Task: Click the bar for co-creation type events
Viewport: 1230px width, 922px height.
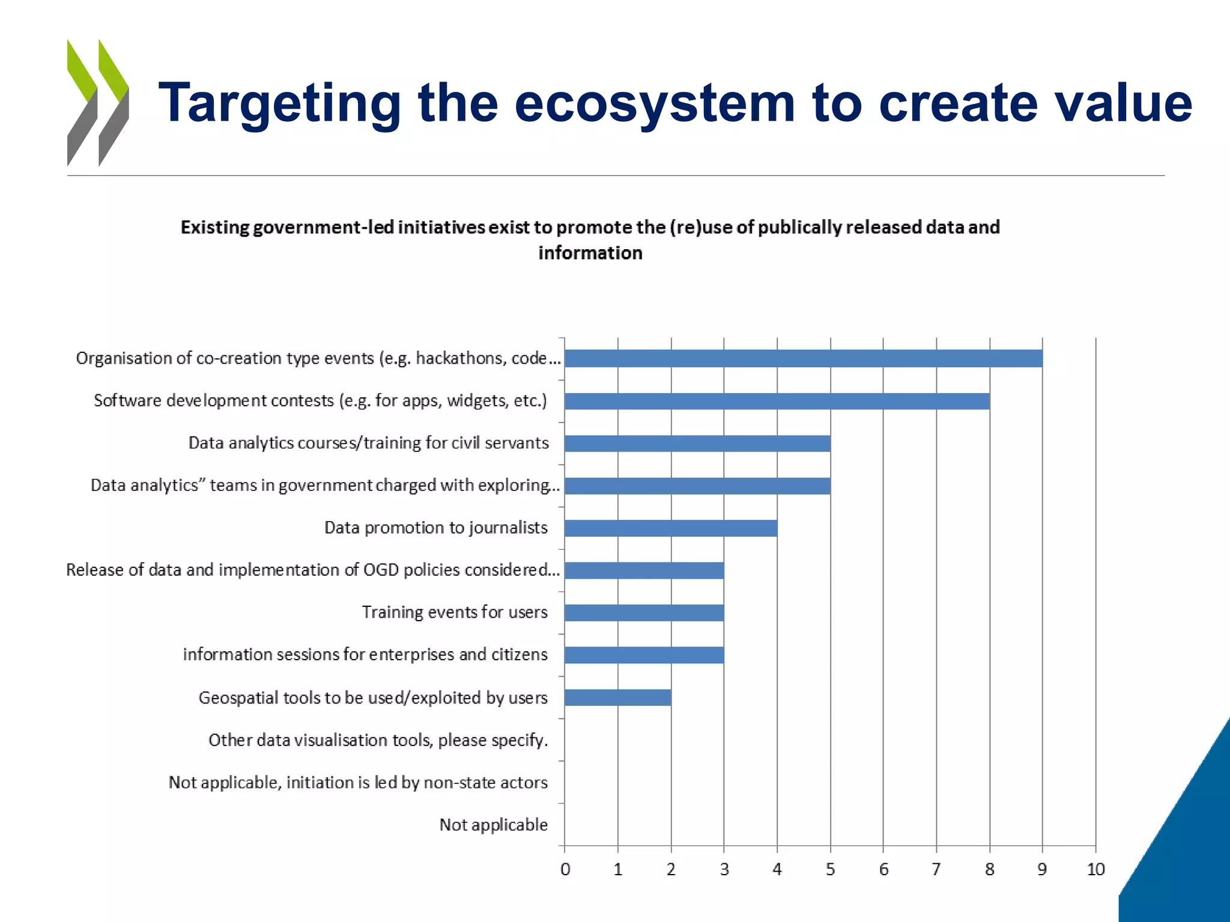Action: click(803, 358)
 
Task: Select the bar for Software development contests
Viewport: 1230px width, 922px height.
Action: click(777, 401)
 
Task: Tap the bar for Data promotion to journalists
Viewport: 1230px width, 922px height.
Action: click(670, 528)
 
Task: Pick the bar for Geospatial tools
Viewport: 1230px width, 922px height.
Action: click(617, 698)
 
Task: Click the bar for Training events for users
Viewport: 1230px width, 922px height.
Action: click(644, 613)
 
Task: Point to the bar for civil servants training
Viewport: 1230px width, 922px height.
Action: click(697, 444)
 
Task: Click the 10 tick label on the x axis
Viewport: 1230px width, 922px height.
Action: click(1095, 869)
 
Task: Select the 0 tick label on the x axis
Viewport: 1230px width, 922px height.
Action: click(565, 869)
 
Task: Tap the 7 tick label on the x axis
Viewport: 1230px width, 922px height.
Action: click(936, 869)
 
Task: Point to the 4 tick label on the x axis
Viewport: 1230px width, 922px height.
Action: click(777, 869)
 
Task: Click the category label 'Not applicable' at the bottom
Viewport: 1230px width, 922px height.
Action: click(493, 825)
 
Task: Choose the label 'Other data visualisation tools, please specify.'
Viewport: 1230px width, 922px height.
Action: click(378, 740)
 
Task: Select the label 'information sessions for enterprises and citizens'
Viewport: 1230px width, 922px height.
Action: click(365, 654)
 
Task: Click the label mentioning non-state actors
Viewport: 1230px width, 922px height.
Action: click(358, 783)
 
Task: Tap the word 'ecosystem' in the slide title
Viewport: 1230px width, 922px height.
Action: click(655, 103)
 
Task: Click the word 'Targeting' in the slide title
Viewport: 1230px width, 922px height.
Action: click(280, 103)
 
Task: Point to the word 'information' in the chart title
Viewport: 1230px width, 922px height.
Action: click(590, 253)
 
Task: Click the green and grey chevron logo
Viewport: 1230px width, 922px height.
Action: click(98, 102)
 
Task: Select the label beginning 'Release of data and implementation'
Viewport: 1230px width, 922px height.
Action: click(312, 570)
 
